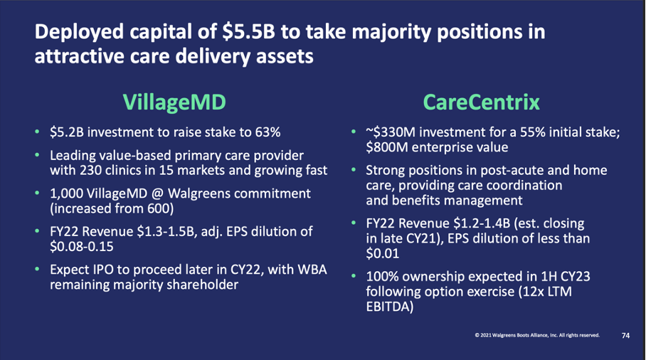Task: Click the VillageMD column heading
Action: [174, 102]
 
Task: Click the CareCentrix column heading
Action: [481, 102]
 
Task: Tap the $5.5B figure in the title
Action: [248, 32]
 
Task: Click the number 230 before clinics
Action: [90, 170]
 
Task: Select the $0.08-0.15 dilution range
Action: [82, 246]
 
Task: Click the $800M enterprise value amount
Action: [386, 147]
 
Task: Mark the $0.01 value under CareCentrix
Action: [382, 253]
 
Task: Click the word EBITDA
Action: [389, 307]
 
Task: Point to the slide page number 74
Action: [625, 335]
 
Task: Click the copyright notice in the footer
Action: [537, 335]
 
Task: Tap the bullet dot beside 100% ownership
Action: [354, 276]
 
